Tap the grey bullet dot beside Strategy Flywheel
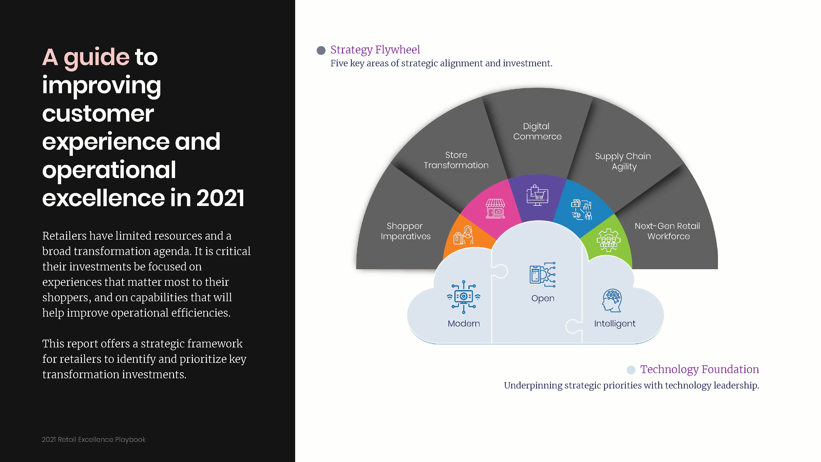[x=321, y=50]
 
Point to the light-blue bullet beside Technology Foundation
[x=631, y=370]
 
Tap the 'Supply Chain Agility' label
[x=623, y=161]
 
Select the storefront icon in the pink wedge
[x=495, y=209]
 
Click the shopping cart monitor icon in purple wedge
[x=537, y=195]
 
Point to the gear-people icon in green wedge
[x=608, y=240]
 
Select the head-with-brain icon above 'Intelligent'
[x=612, y=300]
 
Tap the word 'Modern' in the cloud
[x=464, y=324]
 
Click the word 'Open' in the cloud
[x=543, y=298]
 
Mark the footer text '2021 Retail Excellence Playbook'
[x=94, y=439]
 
